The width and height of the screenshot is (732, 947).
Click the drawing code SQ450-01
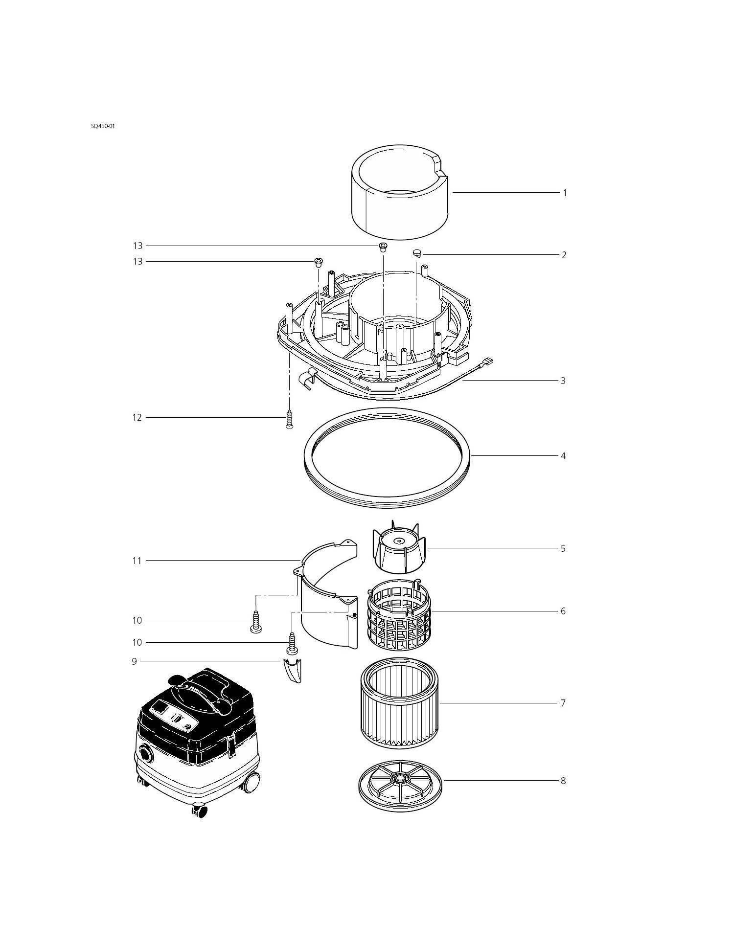click(x=102, y=126)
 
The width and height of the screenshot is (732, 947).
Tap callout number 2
click(x=564, y=255)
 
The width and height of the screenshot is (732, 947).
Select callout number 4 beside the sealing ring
click(x=563, y=456)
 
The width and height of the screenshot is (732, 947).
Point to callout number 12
click(x=137, y=418)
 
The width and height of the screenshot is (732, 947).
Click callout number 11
click(x=137, y=561)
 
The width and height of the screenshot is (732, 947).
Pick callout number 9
click(x=134, y=661)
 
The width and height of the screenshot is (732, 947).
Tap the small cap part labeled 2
click(x=417, y=253)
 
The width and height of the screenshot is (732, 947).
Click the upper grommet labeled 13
click(x=383, y=246)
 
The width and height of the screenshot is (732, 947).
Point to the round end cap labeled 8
click(x=400, y=781)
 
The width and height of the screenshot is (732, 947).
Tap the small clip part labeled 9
click(x=293, y=669)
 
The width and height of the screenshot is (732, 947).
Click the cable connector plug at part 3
click(x=487, y=362)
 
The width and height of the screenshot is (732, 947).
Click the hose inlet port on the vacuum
click(x=145, y=753)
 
